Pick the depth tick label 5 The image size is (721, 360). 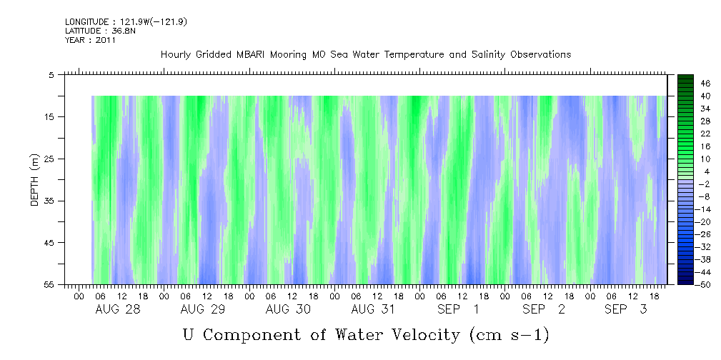pos(51,74)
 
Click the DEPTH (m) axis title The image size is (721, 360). pos(34,180)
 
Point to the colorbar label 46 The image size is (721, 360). pos(705,83)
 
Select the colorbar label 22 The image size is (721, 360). pos(705,133)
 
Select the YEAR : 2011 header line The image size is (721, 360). pos(90,40)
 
